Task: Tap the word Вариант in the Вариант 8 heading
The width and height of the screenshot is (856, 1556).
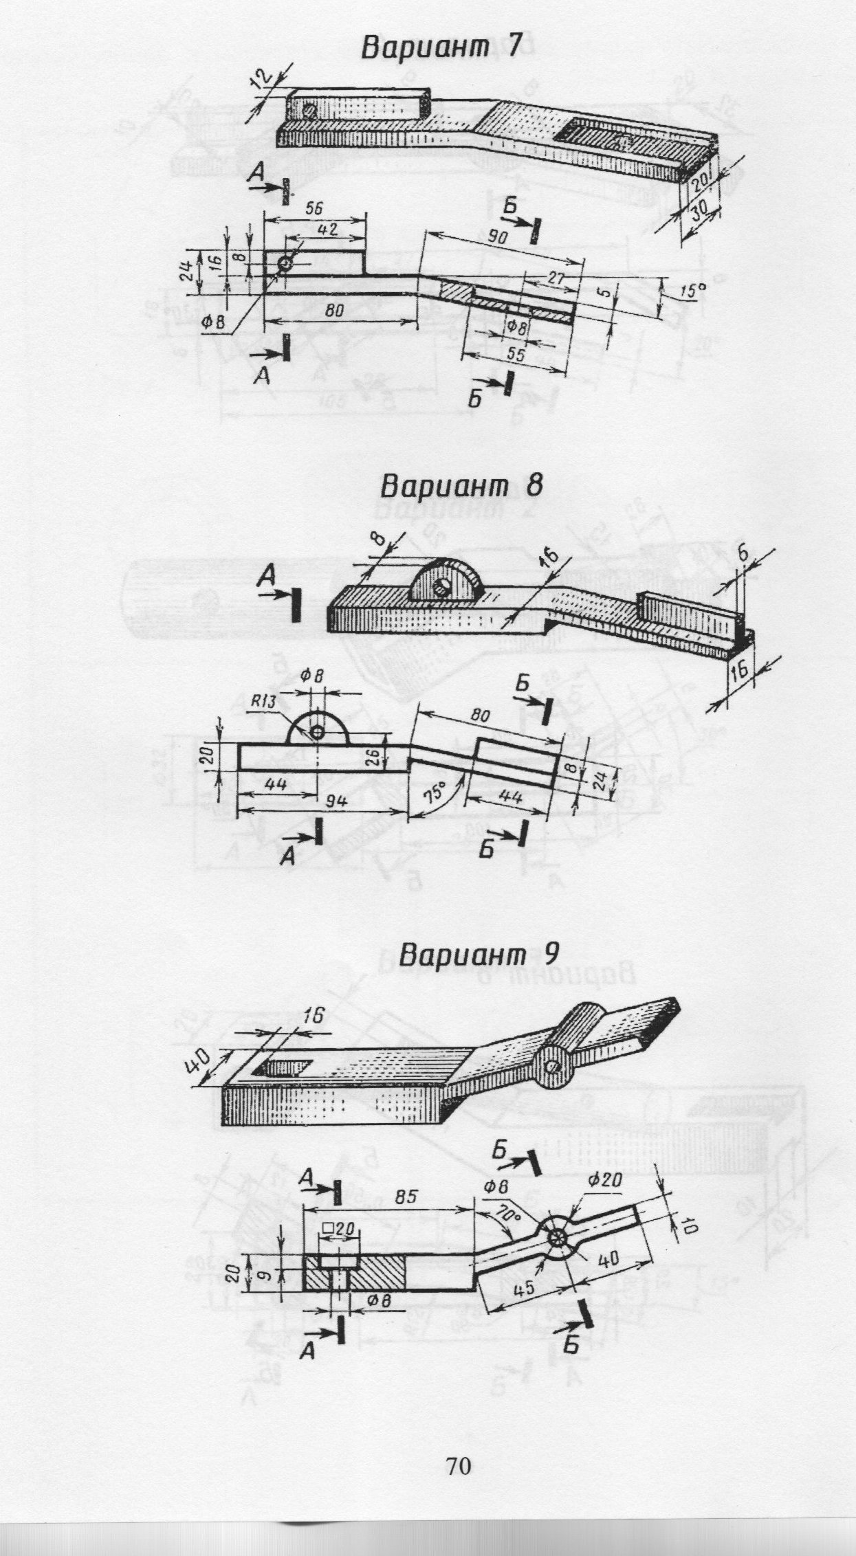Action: pos(440,487)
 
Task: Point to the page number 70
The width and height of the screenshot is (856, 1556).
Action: pos(458,1447)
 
